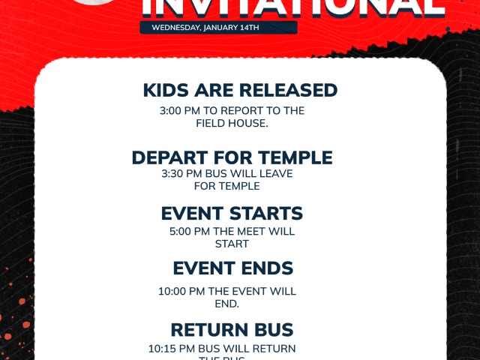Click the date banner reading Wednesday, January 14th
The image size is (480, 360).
click(218, 28)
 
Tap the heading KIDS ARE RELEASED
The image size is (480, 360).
click(240, 91)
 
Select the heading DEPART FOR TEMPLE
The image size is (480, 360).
click(232, 158)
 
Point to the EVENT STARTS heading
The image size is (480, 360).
click(232, 214)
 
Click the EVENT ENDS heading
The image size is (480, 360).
click(232, 268)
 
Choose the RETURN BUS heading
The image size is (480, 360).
click(232, 330)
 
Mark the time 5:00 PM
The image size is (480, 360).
click(189, 232)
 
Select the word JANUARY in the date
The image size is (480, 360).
click(220, 28)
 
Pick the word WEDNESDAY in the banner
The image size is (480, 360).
click(175, 28)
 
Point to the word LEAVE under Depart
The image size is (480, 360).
click(274, 174)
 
